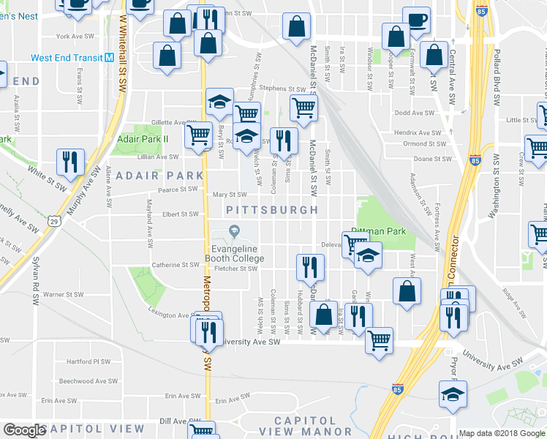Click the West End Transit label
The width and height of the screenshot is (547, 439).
click(66, 58)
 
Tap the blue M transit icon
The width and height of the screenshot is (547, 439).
click(109, 57)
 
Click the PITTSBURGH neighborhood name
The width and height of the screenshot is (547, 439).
click(272, 210)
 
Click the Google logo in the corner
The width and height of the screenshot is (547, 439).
click(24, 430)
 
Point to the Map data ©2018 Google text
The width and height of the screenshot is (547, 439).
click(501, 433)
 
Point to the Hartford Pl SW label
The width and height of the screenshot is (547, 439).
click(88, 361)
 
